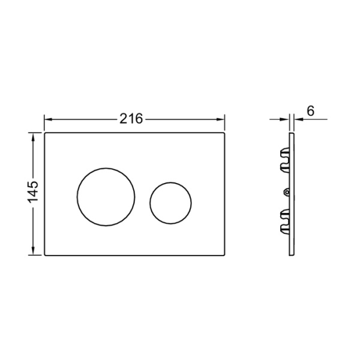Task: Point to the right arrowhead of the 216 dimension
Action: click(221, 119)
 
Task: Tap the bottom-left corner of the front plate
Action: click(45, 254)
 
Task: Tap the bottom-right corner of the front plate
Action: click(225, 254)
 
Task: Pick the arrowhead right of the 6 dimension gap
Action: click(297, 119)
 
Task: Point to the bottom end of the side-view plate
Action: click(292, 254)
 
